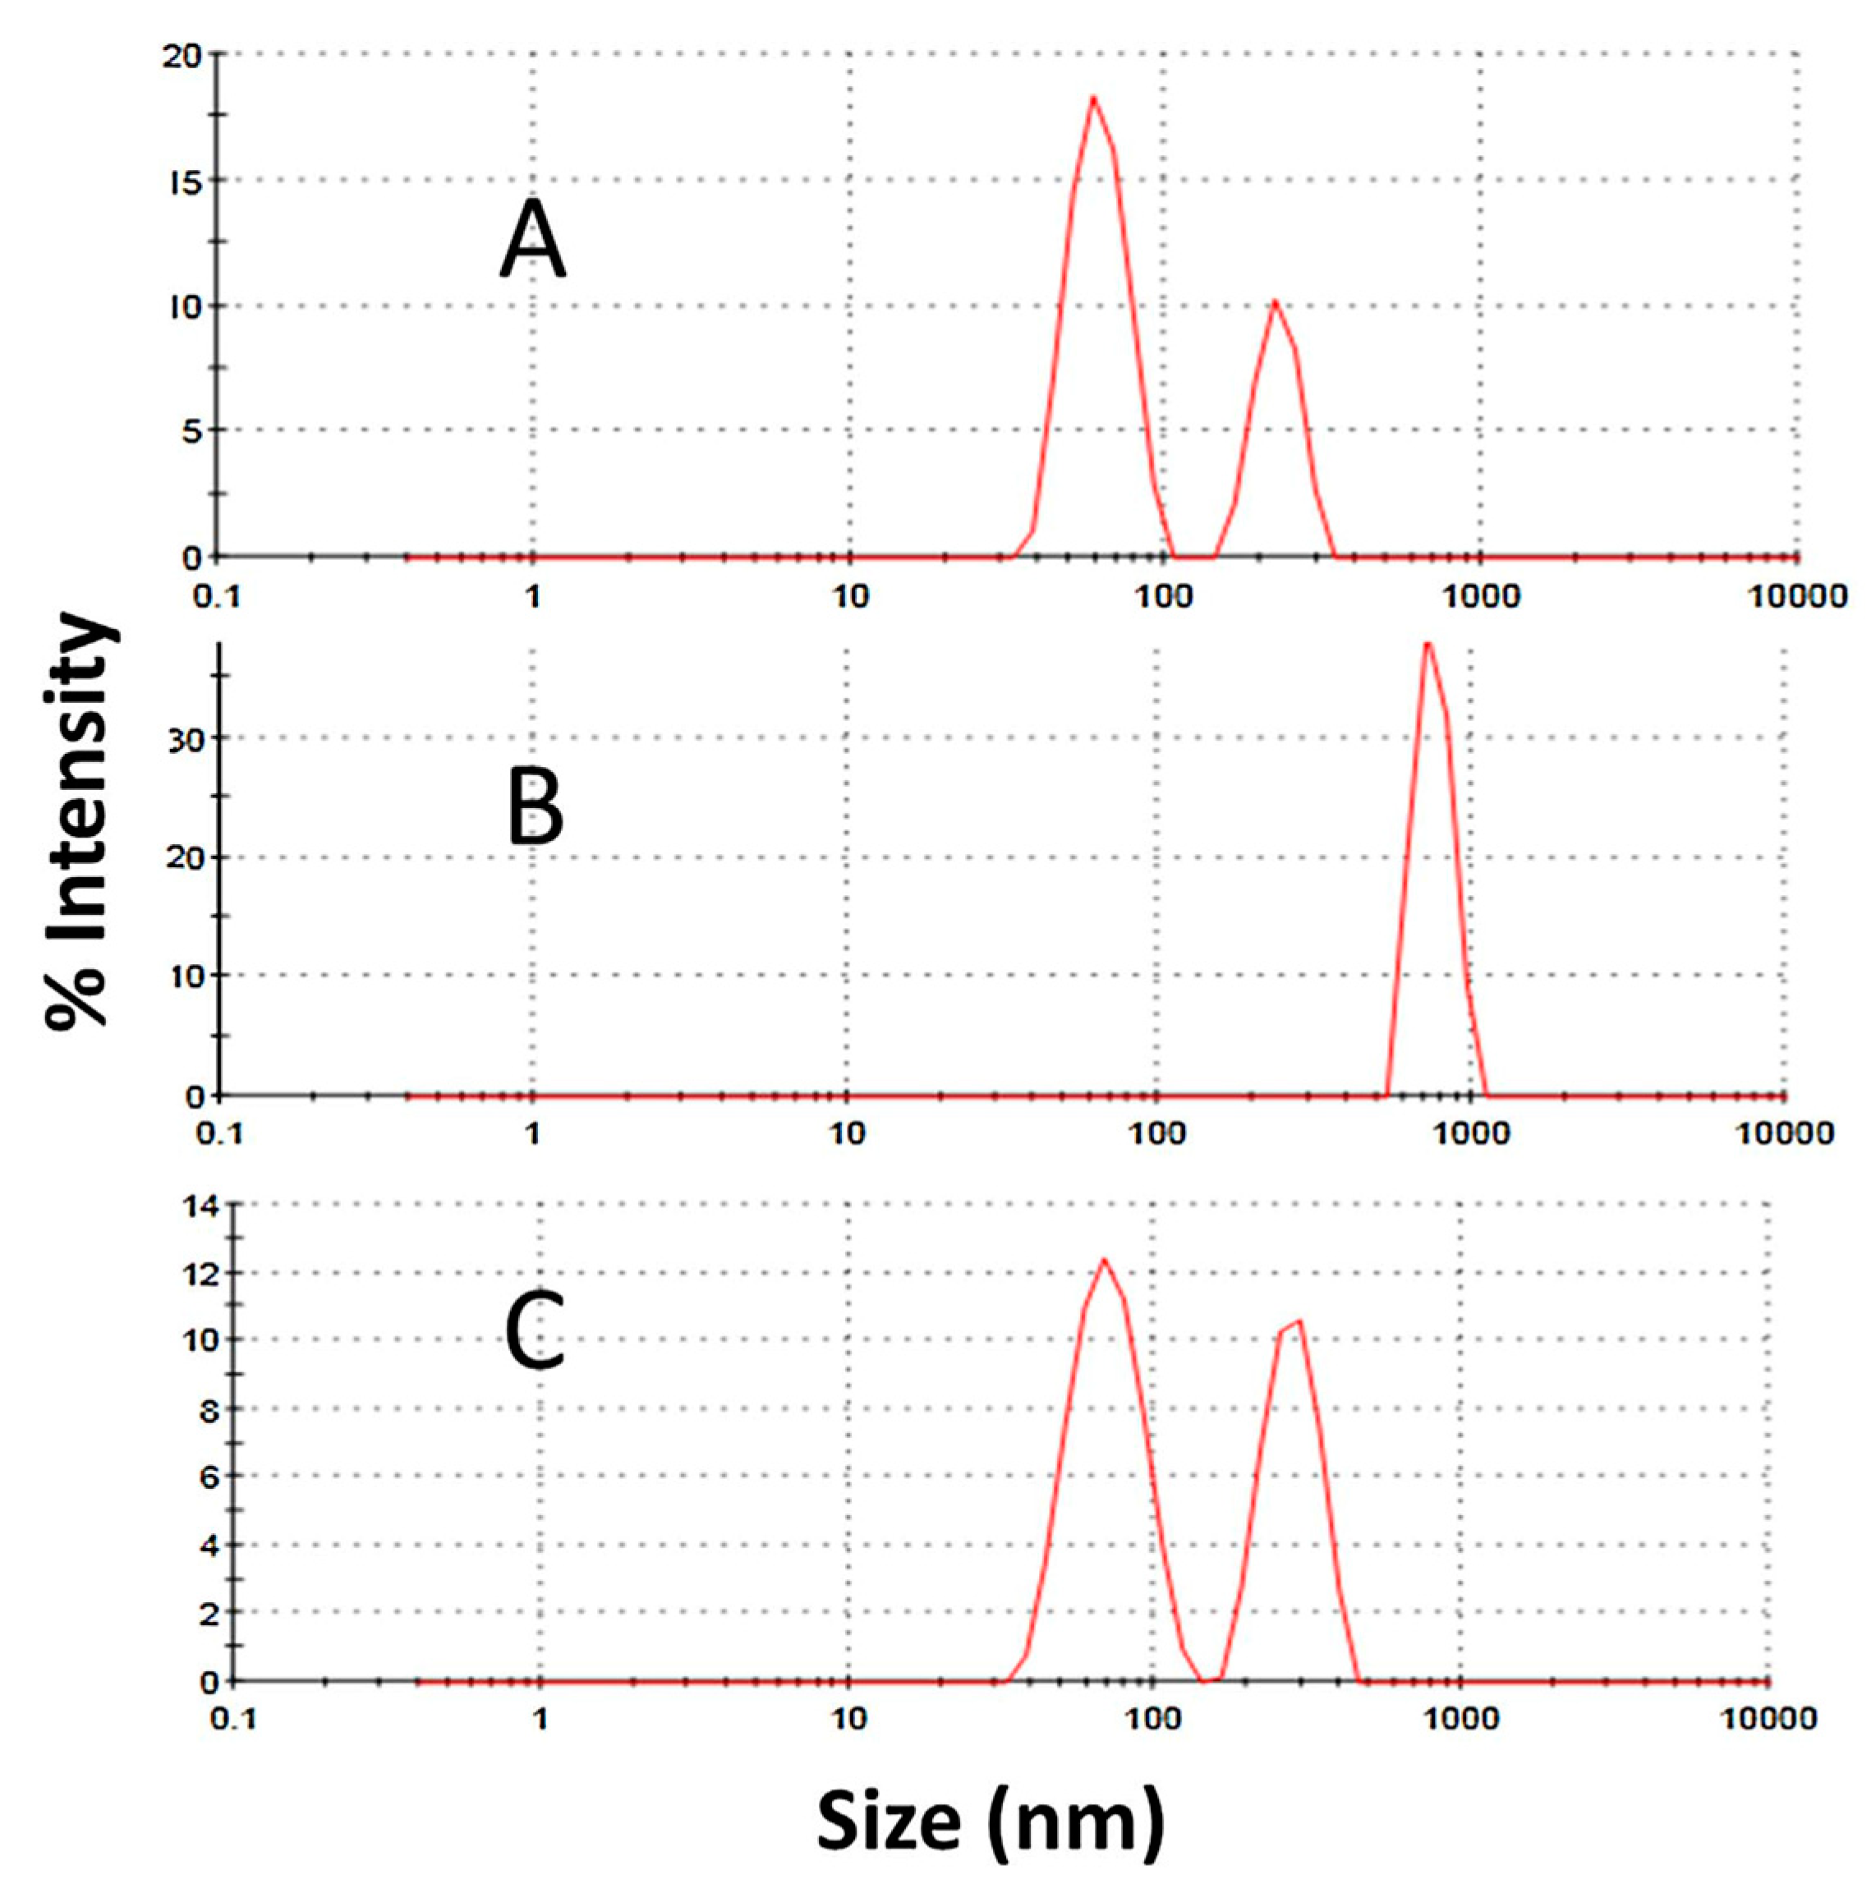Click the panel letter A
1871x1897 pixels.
click(x=532, y=239)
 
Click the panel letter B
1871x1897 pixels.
click(x=536, y=808)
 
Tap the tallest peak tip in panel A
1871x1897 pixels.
click(x=1092, y=99)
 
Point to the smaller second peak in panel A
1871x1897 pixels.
click(x=1274, y=302)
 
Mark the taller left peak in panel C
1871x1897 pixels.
click(x=1104, y=1260)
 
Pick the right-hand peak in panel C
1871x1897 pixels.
click(x=1299, y=1321)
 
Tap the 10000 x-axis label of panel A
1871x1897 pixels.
click(x=1796, y=596)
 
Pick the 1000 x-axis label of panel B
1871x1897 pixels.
click(x=1469, y=1134)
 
